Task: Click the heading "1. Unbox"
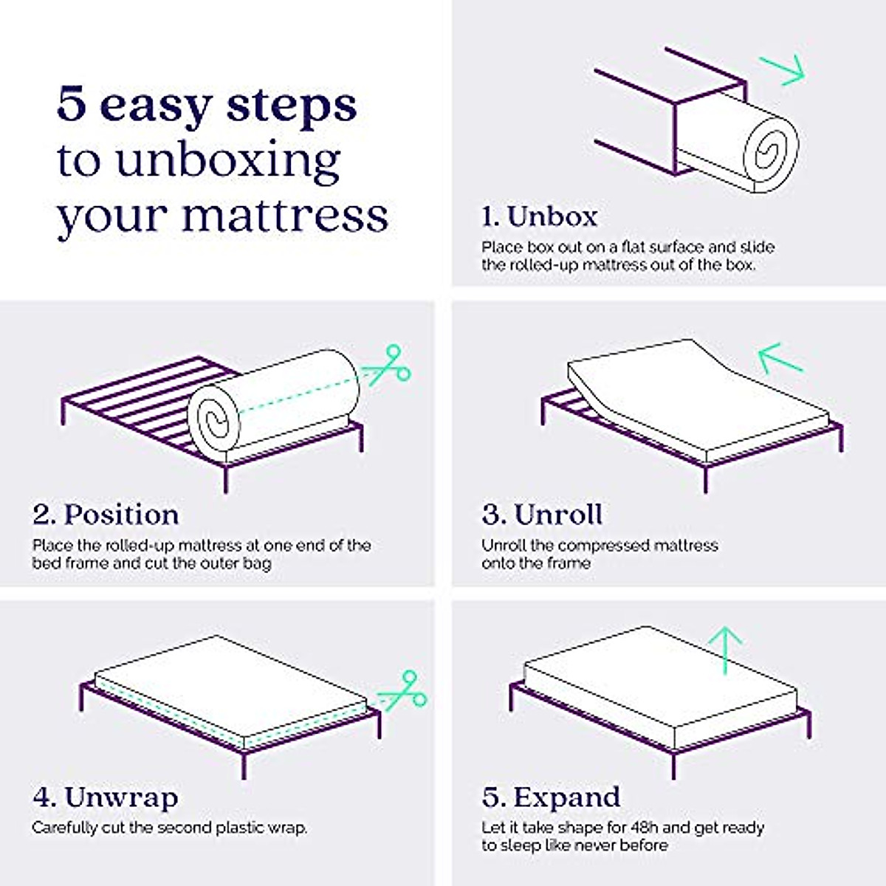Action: pos(539,216)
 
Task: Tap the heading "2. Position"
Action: pos(106,515)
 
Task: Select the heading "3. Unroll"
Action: pos(542,515)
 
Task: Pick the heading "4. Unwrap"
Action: pos(106,797)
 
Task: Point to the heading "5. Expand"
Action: pos(551,797)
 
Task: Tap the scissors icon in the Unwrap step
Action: pos(404,691)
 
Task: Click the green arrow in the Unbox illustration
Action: pos(783,70)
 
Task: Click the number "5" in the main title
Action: pos(72,104)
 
